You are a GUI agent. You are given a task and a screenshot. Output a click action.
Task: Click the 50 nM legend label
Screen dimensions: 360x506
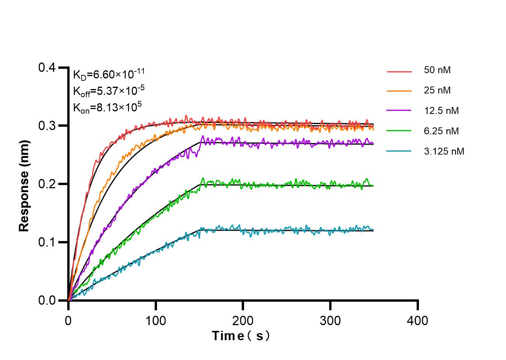tap(437, 70)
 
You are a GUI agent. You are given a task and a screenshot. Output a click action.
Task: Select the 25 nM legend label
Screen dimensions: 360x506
tap(437, 91)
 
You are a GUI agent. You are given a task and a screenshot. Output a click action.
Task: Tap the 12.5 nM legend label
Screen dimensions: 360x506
tap(441, 111)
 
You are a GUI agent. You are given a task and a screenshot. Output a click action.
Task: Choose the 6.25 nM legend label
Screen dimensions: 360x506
tap(441, 131)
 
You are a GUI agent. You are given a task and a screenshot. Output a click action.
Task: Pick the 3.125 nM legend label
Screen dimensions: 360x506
tap(444, 151)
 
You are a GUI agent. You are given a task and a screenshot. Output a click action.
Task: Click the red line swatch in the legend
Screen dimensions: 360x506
tap(399, 72)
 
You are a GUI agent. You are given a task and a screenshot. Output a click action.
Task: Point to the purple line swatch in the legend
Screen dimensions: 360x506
tap(399, 111)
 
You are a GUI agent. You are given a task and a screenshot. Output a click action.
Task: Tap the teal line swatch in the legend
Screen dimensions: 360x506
tap(399, 151)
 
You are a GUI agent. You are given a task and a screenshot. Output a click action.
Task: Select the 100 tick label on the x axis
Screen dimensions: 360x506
tap(155, 321)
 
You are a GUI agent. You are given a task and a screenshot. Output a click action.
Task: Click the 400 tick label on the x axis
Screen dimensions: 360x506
tap(418, 321)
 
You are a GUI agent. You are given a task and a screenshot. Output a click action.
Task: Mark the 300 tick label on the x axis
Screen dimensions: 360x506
tap(330, 321)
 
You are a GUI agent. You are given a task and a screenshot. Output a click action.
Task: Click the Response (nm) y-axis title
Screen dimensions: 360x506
tap(24, 184)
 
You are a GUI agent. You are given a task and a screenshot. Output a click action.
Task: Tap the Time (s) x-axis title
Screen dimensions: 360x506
tap(241, 336)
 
